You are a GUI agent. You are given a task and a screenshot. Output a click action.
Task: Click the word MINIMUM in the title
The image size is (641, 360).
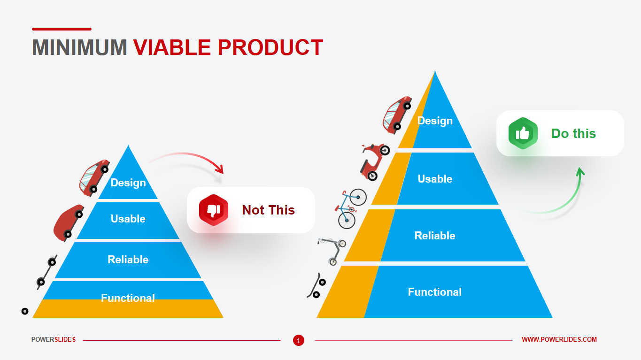(x=79, y=47)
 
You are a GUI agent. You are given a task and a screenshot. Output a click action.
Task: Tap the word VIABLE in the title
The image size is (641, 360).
(x=172, y=47)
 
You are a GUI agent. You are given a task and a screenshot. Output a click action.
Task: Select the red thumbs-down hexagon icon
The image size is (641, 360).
(x=214, y=210)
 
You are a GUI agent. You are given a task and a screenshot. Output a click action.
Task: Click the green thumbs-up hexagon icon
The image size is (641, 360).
(x=523, y=133)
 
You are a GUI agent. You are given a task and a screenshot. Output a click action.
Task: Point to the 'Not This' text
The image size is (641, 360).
(x=269, y=210)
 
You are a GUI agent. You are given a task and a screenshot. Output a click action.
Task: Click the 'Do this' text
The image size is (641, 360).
(x=573, y=134)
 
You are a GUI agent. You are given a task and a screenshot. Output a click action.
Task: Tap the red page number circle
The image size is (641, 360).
(x=299, y=340)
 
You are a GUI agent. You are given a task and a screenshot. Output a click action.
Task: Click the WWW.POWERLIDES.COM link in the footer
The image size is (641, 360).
(x=559, y=339)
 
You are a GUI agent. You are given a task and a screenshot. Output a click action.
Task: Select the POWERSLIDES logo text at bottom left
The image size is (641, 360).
(x=54, y=339)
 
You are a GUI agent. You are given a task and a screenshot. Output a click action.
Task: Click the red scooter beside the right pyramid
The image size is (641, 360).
(x=374, y=162)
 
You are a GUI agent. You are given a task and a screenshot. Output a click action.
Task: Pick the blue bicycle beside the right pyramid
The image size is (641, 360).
(x=350, y=208)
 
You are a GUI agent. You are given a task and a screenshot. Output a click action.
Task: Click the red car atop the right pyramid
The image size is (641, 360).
(x=397, y=115)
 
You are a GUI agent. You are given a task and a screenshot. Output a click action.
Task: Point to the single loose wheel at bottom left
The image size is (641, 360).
(x=25, y=311)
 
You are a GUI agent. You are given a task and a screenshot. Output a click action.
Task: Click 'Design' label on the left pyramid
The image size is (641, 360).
(x=128, y=183)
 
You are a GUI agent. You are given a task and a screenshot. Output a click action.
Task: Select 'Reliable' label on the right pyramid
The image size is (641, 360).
(x=435, y=236)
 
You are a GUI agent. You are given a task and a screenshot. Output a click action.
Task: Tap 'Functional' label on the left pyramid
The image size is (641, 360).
(x=128, y=298)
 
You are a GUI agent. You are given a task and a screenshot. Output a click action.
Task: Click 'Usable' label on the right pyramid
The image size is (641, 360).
(x=435, y=179)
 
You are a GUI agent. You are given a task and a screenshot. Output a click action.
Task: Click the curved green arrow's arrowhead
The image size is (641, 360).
(x=580, y=172)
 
